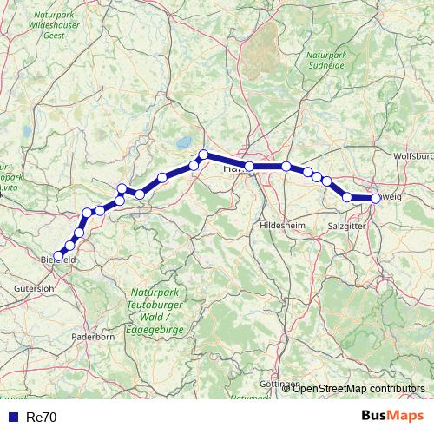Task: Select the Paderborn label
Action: click(93, 336)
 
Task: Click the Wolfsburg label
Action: click(412, 156)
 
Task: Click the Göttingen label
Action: click(279, 384)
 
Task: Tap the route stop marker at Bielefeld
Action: click(58, 256)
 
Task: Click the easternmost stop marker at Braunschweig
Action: click(376, 198)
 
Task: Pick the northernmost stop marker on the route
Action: click(203, 155)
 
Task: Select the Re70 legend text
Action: click(42, 417)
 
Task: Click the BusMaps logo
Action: click(392, 416)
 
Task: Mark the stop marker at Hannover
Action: click(249, 166)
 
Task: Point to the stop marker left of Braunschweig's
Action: click(347, 197)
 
